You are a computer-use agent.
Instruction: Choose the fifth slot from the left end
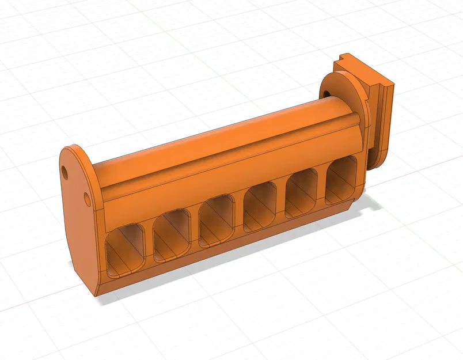[x=302, y=192]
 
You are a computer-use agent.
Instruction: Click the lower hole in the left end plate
[x=87, y=199]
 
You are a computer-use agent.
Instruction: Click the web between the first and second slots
[x=149, y=240]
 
